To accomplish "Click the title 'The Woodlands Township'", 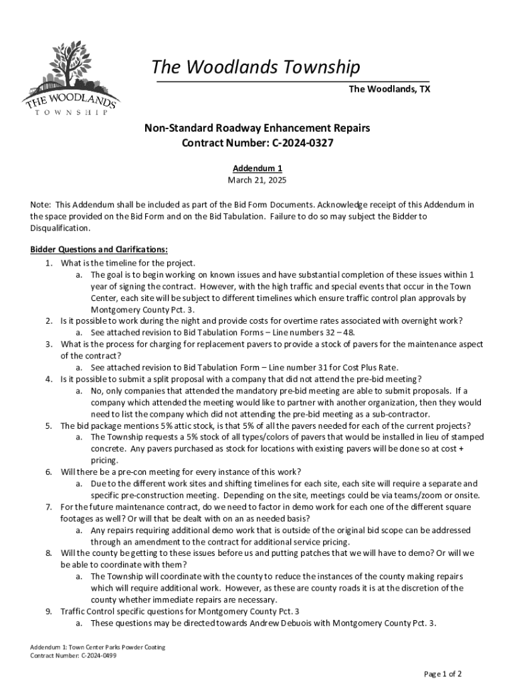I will [x=255, y=68].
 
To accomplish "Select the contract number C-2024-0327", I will [x=292, y=143].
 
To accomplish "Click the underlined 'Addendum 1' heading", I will [x=257, y=169].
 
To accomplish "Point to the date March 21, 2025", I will [x=257, y=181].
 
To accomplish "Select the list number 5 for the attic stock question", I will [x=49, y=425].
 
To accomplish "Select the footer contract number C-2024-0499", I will [x=94, y=656].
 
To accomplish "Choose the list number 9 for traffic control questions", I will [x=49, y=611].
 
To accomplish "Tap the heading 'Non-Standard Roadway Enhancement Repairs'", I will [x=257, y=128].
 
